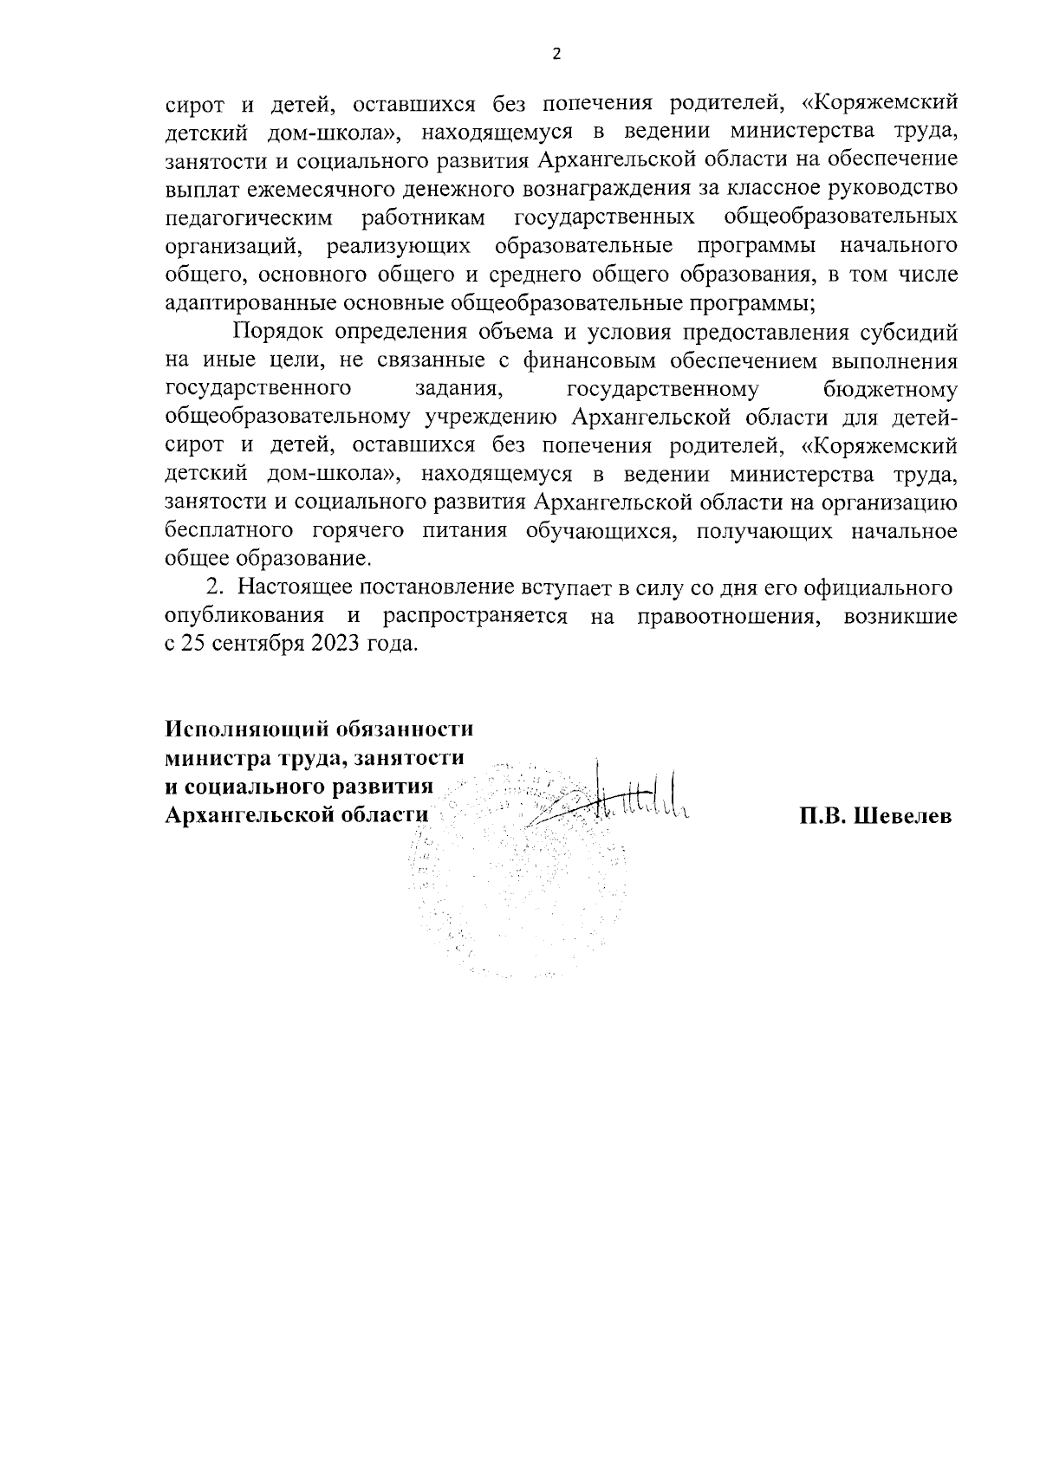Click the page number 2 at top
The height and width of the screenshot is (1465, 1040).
coord(556,55)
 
